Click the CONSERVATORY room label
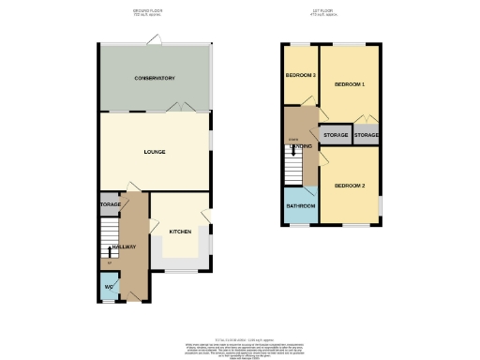click(x=155, y=78)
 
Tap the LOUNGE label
click(x=155, y=150)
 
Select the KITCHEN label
click(x=180, y=231)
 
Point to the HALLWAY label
click(x=122, y=247)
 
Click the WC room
click(x=109, y=287)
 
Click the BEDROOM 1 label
click(x=350, y=85)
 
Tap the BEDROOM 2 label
click(x=350, y=186)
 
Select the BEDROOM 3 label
click(x=300, y=75)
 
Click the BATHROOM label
click(x=301, y=206)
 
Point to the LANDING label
click(x=301, y=147)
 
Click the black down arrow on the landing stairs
click(x=296, y=152)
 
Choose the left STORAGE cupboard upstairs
click(x=336, y=135)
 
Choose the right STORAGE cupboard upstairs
click(x=367, y=135)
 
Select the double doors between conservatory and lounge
click(x=180, y=109)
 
